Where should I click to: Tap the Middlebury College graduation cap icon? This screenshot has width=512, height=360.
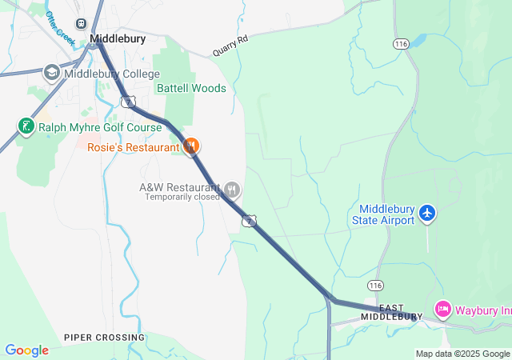(x=52, y=74)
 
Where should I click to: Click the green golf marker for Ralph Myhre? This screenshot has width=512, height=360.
(x=26, y=126)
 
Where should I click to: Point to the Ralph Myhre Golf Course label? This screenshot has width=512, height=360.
(x=100, y=127)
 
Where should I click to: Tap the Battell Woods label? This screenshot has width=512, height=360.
(x=191, y=88)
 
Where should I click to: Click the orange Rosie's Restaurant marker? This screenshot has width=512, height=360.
(x=191, y=146)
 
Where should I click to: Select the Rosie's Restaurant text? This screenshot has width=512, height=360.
(x=134, y=147)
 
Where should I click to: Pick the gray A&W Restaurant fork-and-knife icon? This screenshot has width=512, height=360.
(x=232, y=190)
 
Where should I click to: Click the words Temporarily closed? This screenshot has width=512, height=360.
(x=182, y=197)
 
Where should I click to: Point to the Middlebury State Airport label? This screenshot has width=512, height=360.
(x=383, y=214)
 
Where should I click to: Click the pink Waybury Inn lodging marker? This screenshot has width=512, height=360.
(x=442, y=309)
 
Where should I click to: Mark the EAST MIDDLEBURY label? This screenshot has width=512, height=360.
(x=391, y=312)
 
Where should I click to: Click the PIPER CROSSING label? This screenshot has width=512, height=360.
(x=105, y=338)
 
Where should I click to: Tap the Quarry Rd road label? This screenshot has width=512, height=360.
(x=231, y=45)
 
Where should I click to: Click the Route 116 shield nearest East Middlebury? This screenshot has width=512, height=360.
(x=375, y=285)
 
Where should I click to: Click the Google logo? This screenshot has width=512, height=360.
(x=26, y=350)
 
